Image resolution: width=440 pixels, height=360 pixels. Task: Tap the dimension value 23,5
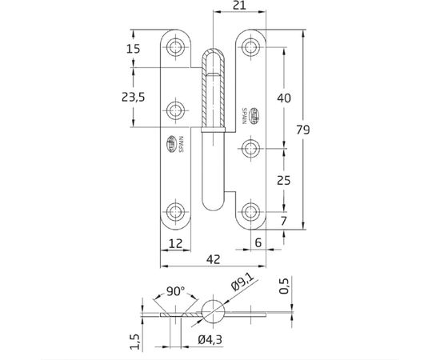tap(132, 98)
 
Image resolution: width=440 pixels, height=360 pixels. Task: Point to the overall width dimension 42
tap(213, 259)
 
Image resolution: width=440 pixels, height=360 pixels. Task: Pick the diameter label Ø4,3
tap(211, 341)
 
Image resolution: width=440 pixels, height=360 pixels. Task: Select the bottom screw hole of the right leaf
tap(251, 212)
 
